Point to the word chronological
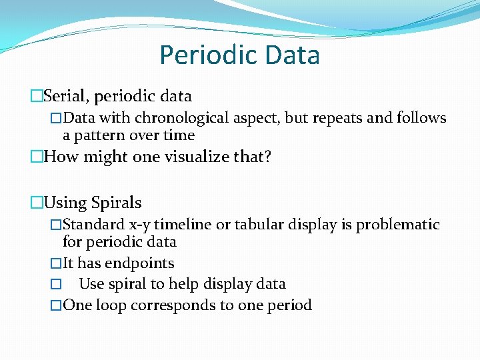pos(183,118)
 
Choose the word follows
pos(420,118)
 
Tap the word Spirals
pos(116,202)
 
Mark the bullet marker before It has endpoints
pos(56,264)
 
